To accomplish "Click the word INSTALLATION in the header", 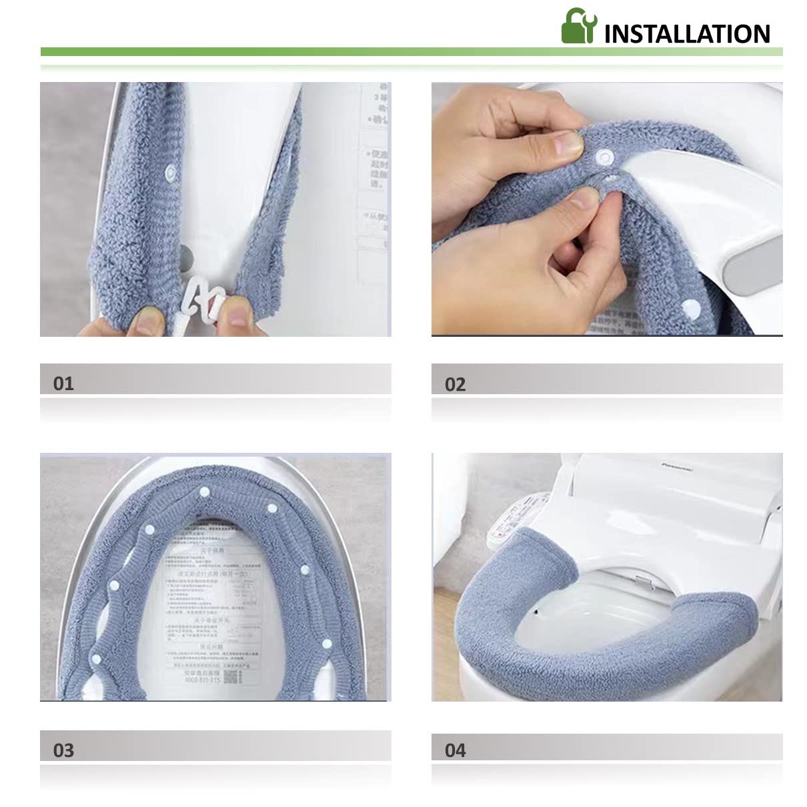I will pyautogui.click(x=687, y=33).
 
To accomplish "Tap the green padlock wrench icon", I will pyautogui.click(x=578, y=26).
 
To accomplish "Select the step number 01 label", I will pyautogui.click(x=63, y=383).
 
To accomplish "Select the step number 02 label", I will pyautogui.click(x=455, y=384).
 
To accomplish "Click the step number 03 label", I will pyautogui.click(x=63, y=750).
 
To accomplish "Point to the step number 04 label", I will pyautogui.click(x=455, y=750).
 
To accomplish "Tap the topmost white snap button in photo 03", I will pyautogui.click(x=204, y=492).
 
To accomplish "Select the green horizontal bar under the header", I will pyautogui.click(x=411, y=51).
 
